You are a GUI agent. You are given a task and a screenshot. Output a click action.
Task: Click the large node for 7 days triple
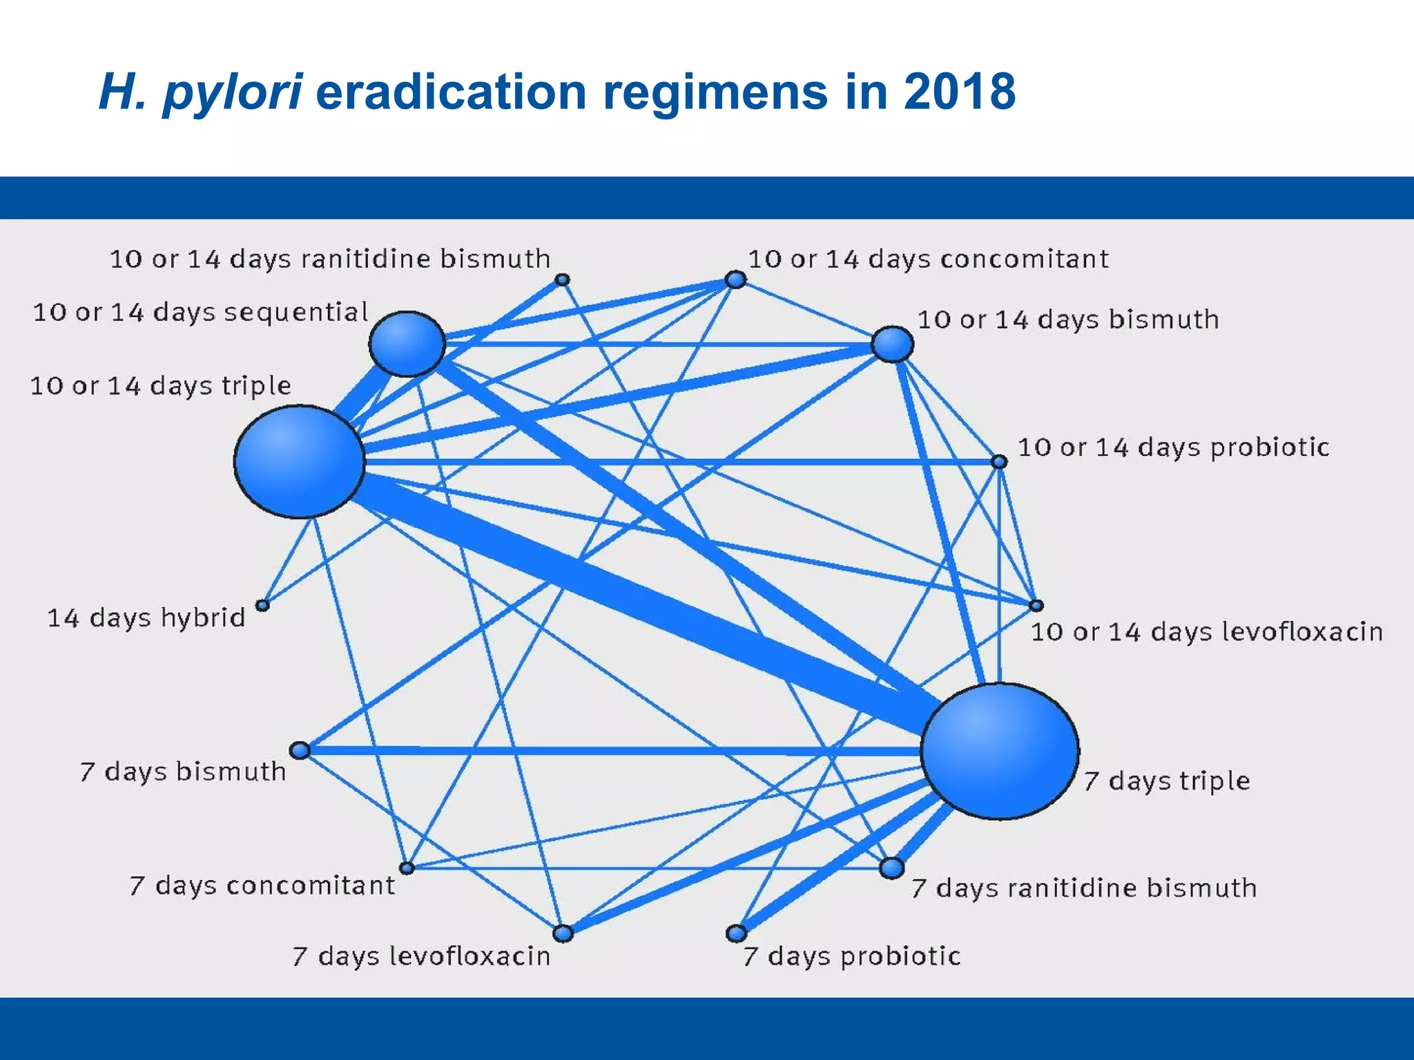[x=999, y=751]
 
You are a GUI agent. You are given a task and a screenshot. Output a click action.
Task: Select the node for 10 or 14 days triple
[x=299, y=462]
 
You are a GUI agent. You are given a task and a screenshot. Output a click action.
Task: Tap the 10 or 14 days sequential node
[x=407, y=344]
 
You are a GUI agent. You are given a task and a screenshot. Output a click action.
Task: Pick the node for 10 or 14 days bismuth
[x=892, y=344]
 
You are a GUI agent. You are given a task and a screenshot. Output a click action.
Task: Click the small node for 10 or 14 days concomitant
[x=736, y=279]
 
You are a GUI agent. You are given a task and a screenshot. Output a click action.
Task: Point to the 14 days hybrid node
[x=262, y=605]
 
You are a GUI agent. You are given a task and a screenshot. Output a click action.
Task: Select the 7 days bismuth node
[x=300, y=750]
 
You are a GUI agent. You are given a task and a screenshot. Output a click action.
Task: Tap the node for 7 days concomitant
[x=407, y=867]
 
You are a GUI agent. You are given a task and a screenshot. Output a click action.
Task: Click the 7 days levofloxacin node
[x=563, y=933]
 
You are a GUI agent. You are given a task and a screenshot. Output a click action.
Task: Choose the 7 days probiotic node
[x=737, y=933]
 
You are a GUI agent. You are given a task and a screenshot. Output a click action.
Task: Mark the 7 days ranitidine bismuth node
[x=891, y=867]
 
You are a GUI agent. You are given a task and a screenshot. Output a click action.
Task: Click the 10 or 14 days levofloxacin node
[x=1036, y=605]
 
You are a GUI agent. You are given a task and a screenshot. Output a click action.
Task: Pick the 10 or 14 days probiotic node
[x=999, y=461]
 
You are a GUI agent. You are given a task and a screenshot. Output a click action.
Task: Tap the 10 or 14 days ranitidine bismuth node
[x=563, y=279]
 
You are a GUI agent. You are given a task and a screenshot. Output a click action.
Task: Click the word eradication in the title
[x=450, y=92]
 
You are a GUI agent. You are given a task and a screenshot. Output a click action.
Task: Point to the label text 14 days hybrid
[x=146, y=617]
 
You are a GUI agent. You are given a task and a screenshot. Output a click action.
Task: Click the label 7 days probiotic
[x=851, y=956]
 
